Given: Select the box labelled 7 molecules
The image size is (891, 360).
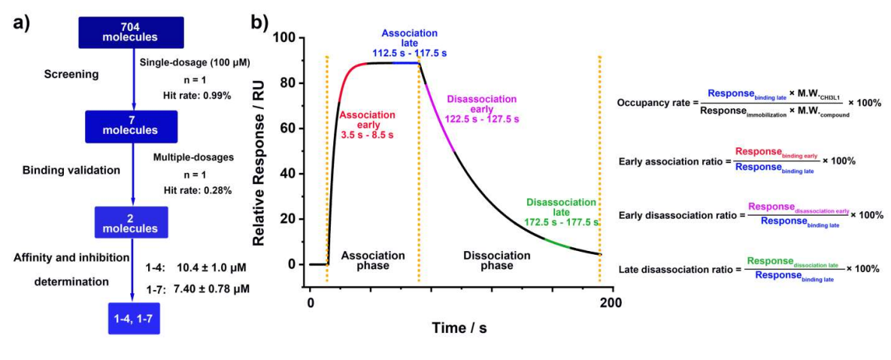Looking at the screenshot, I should (x=132, y=126).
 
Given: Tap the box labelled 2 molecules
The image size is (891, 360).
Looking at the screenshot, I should (x=132, y=219).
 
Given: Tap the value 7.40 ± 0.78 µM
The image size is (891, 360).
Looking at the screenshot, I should (x=211, y=288).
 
